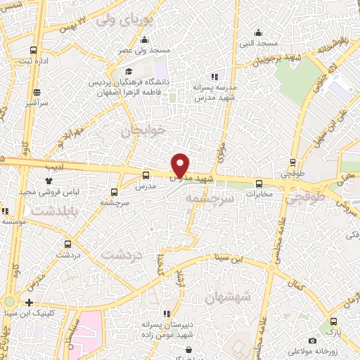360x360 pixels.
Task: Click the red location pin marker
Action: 181,165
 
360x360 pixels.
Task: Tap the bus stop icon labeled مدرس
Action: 146,175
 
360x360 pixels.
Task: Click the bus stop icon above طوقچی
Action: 292,162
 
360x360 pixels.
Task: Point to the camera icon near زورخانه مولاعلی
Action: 312,341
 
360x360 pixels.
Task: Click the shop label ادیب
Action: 54,168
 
